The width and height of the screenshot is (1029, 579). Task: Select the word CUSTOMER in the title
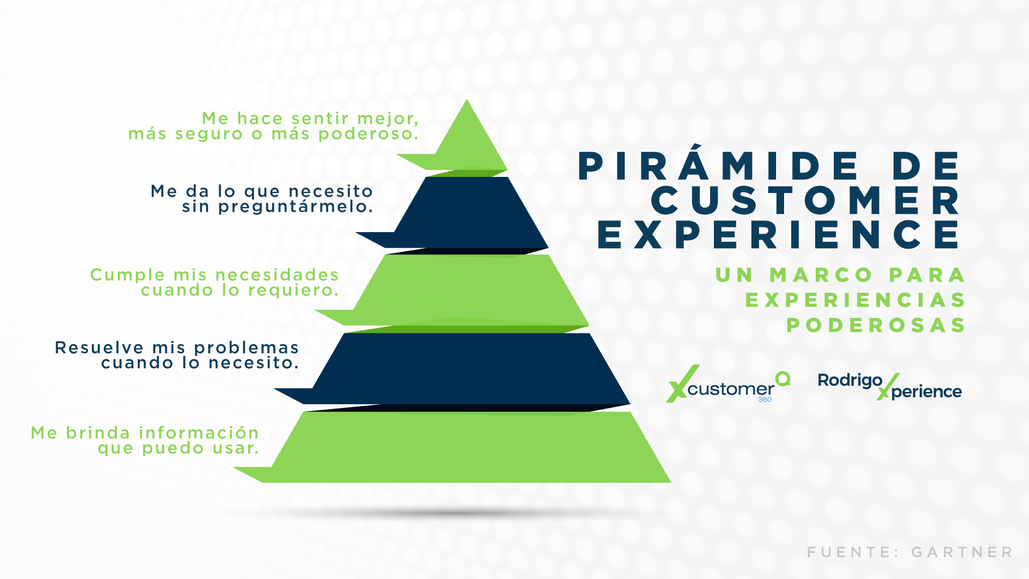pyautogui.click(x=806, y=201)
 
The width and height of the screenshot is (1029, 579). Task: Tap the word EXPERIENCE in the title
pyautogui.click(x=779, y=234)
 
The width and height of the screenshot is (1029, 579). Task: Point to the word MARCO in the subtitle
pyautogui.click(x=822, y=275)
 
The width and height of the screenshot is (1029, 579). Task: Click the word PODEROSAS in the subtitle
pyautogui.click(x=876, y=325)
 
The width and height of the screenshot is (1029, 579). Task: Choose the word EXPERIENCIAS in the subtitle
pyautogui.click(x=855, y=300)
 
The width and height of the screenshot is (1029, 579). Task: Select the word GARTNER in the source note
pyautogui.click(x=962, y=552)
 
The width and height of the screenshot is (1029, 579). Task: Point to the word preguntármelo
pyautogui.click(x=295, y=207)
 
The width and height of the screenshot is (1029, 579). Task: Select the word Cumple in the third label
pyautogui.click(x=128, y=276)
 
